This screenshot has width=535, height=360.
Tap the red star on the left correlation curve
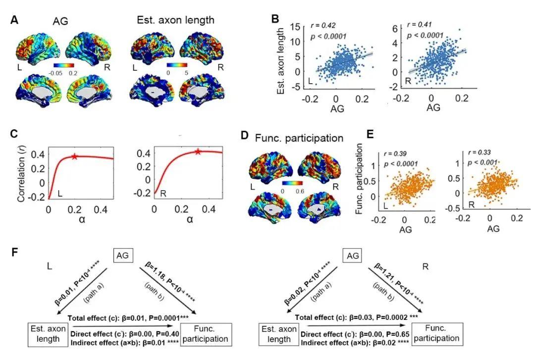click(74, 156)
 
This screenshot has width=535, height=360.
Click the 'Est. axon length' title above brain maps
click(176, 20)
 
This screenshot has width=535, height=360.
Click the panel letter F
click(15, 253)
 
